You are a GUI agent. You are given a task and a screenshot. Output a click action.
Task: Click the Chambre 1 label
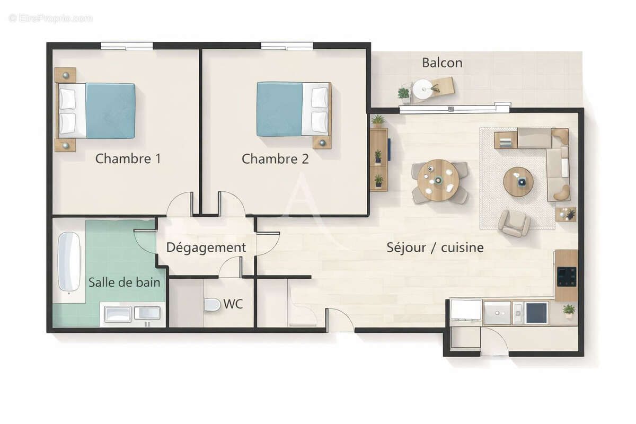(128, 158)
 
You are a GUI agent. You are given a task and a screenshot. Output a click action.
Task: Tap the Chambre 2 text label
(275, 158)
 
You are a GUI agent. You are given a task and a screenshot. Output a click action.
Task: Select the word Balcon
(442, 63)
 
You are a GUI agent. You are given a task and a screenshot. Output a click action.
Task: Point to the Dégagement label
(206, 248)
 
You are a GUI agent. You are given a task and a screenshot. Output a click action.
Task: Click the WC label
(233, 304)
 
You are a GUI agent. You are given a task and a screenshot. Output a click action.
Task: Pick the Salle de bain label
(124, 282)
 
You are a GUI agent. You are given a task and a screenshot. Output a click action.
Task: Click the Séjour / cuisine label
(435, 247)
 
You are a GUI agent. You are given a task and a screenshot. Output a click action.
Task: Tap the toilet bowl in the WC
(212, 305)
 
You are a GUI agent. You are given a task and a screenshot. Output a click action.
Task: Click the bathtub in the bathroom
(69, 261)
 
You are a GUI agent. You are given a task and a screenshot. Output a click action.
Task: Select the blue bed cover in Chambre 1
(110, 110)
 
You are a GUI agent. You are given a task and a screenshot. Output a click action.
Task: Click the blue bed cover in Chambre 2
(279, 109)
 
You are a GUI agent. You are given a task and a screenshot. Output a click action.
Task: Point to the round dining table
(438, 180)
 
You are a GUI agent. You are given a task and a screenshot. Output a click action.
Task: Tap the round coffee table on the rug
(518, 182)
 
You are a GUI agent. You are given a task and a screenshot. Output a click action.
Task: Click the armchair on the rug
(514, 223)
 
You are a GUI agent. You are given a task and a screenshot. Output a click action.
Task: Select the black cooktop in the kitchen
(566, 276)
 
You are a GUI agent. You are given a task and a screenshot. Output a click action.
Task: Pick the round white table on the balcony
(423, 88)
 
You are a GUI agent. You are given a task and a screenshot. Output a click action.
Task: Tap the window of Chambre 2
(287, 46)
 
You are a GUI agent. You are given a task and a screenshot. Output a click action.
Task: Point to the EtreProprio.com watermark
(50, 19)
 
